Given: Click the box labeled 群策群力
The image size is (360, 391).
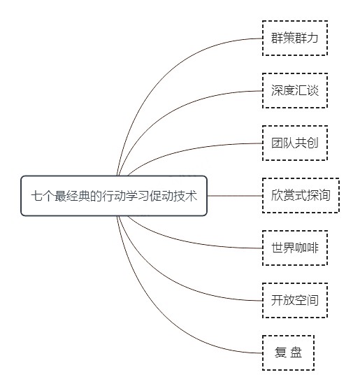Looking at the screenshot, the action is pyautogui.click(x=295, y=38).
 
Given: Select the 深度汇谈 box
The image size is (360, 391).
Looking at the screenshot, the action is pyautogui.click(x=295, y=90).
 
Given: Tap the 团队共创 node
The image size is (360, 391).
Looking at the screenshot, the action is pyautogui.click(x=295, y=143).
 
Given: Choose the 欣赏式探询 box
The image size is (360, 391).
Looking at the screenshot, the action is pyautogui.click(x=301, y=196).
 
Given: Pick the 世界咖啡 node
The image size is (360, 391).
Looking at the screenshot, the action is pyautogui.click(x=295, y=248).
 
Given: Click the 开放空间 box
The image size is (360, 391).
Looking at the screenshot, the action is pyautogui.click(x=295, y=300).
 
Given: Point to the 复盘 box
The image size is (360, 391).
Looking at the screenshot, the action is pyautogui.click(x=288, y=353).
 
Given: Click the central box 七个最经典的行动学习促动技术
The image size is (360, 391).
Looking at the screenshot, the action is pyautogui.click(x=114, y=196).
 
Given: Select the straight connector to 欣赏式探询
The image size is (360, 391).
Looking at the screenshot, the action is pyautogui.click(x=235, y=196).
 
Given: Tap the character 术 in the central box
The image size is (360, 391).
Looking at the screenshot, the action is pyautogui.click(x=192, y=196).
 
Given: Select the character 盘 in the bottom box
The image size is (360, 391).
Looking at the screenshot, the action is pyautogui.click(x=296, y=353).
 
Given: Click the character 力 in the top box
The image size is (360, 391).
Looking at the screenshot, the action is pyautogui.click(x=312, y=38).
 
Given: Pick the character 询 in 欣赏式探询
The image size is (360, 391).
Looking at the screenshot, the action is pyautogui.click(x=324, y=196).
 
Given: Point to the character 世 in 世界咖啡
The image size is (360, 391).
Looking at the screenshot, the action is pyautogui.click(x=277, y=248).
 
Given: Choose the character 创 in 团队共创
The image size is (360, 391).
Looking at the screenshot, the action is pyautogui.click(x=312, y=143).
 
